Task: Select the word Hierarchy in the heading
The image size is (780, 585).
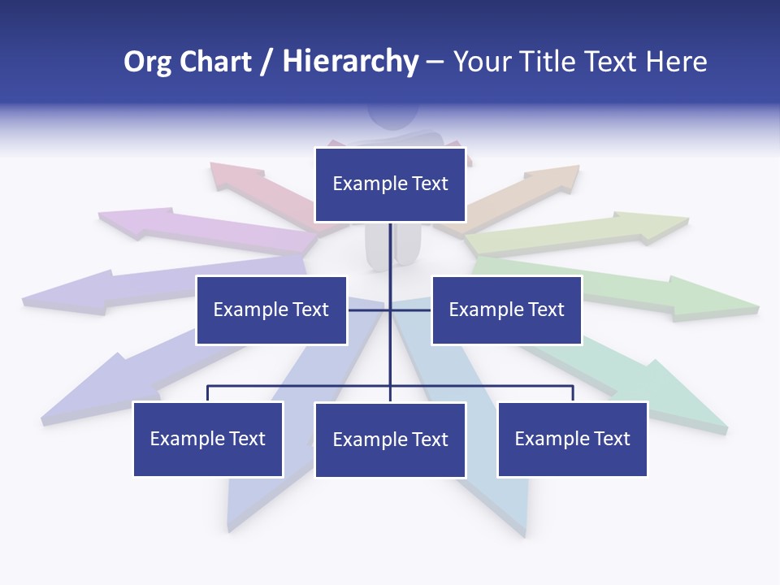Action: point(350,62)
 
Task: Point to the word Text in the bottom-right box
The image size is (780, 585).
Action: point(612,439)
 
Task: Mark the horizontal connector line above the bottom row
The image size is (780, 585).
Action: point(301,386)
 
